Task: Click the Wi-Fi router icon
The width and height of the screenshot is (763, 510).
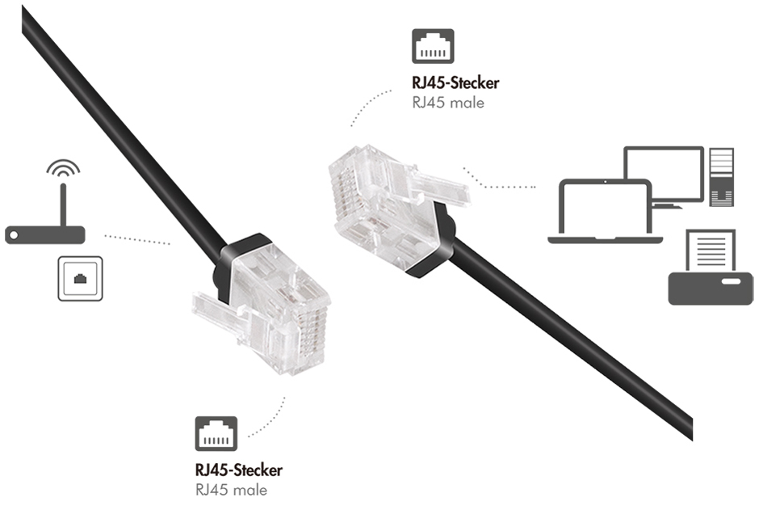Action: [45, 234]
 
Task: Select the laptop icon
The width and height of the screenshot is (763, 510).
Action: [605, 212]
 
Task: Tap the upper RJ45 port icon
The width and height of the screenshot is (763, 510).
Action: [433, 46]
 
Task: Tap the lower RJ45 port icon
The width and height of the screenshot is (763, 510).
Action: [216, 434]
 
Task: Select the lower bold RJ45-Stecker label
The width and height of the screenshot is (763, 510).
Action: [239, 470]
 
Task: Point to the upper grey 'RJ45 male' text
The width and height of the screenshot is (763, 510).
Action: [447, 103]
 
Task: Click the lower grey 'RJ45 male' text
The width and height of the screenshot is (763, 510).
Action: [231, 490]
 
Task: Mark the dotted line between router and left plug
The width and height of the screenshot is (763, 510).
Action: [137, 239]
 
